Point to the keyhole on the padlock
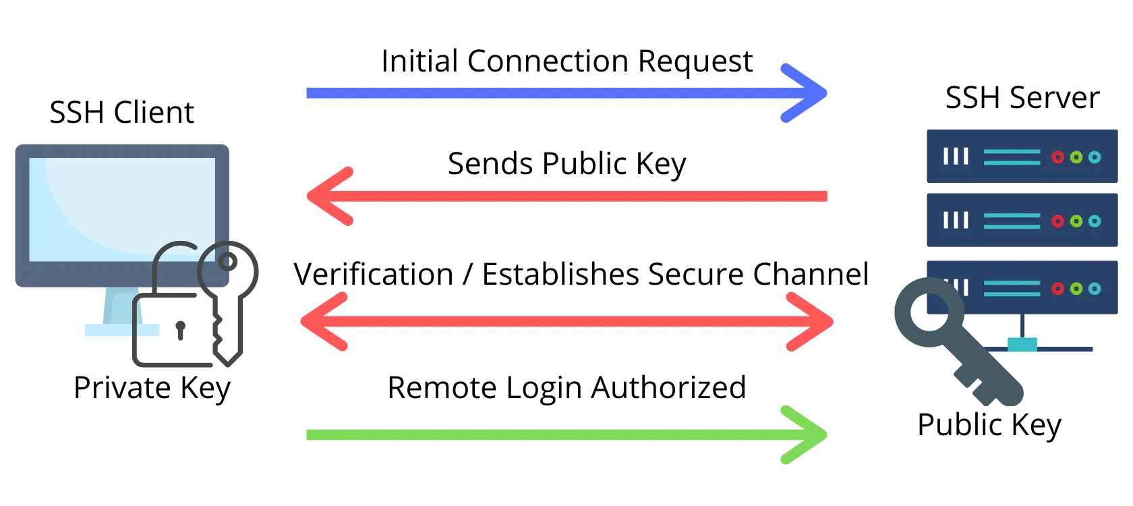tap(180, 330)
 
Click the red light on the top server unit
tap(1057, 157)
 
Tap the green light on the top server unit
tap(1076, 157)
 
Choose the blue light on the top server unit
tap(1095, 157)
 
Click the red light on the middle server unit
tap(1057, 221)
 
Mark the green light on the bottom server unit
tap(1076, 289)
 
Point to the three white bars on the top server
tap(956, 157)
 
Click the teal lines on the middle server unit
tap(1012, 221)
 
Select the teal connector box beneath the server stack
tap(1024, 345)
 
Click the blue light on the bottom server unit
tap(1095, 289)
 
